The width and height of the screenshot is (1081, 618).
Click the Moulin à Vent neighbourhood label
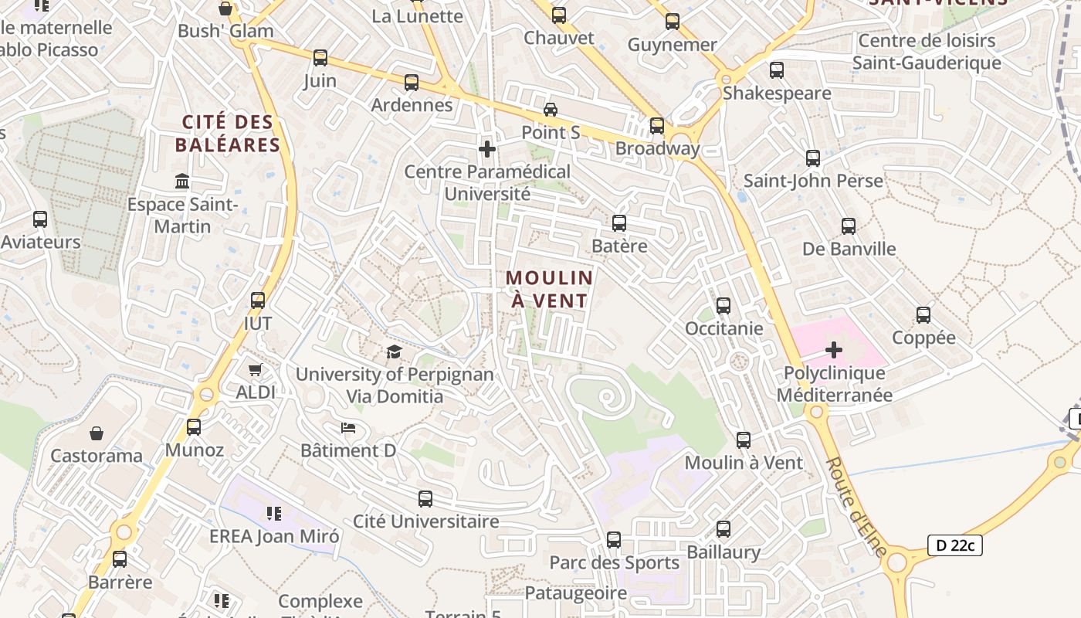pos(549,289)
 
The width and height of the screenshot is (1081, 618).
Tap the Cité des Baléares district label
pos(228,134)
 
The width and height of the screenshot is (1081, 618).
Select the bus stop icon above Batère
pos(619,223)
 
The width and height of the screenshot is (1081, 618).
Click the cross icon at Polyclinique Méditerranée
pos(834,350)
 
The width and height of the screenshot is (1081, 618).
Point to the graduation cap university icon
pos(395,352)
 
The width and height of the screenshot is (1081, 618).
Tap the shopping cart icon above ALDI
pos(256,370)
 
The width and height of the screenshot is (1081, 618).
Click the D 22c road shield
pos(954,545)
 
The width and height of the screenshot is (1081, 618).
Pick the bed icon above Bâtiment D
pos(348,428)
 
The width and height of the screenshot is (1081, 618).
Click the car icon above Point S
pos(551,110)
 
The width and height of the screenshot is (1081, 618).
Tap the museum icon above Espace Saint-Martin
pos(183,182)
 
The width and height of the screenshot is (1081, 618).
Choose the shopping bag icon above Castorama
pos(97,433)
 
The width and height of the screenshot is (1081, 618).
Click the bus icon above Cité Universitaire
pos(425,499)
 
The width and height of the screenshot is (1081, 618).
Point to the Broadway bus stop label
pos(658,148)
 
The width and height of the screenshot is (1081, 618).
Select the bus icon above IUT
pos(258,301)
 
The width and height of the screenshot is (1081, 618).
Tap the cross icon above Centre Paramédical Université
pos(487,148)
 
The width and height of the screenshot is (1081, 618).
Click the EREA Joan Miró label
pos(274,536)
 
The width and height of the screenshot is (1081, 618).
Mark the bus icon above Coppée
pos(923,315)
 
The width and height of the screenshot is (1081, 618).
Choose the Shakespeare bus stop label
pos(777,93)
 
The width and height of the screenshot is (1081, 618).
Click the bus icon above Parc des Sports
pos(614,540)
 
